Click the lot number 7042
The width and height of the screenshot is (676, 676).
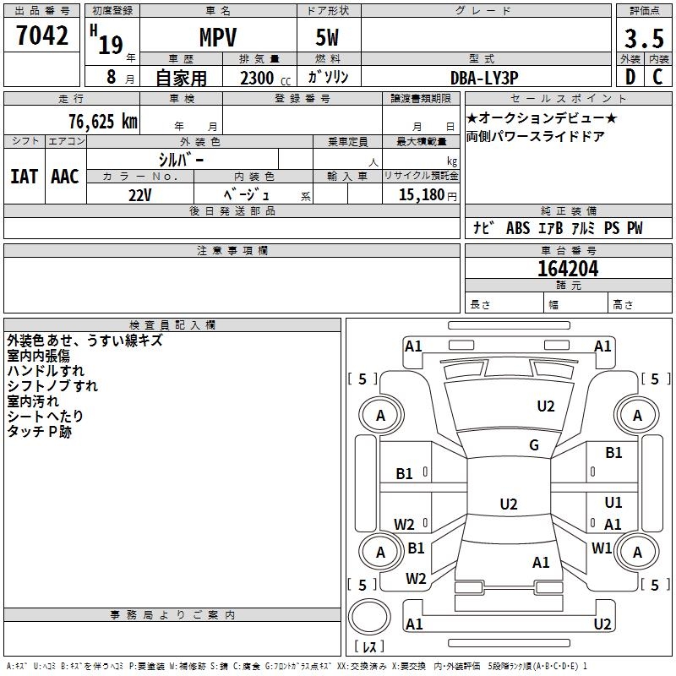tap(42, 35)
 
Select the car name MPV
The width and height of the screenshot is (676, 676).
tap(218, 37)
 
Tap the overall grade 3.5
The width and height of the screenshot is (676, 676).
tap(644, 38)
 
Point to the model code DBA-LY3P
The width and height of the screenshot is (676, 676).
tap(484, 78)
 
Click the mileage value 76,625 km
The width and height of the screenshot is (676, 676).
tap(103, 121)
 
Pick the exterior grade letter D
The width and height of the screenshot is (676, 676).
tap(630, 77)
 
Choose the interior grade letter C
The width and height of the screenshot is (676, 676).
tap(657, 77)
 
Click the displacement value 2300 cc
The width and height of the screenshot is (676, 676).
tap(265, 78)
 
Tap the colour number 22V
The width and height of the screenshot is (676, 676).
tap(140, 195)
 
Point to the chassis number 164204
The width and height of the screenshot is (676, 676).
tap(568, 269)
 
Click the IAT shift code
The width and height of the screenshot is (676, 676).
tap(25, 177)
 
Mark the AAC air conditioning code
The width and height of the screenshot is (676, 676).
tap(65, 177)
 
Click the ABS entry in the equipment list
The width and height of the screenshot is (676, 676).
tap(518, 227)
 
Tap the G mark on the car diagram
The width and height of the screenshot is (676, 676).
tap(534, 444)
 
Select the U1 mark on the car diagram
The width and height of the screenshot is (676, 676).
tap(613, 502)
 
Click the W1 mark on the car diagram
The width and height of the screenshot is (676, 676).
tap(602, 548)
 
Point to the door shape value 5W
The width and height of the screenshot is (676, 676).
tap(327, 37)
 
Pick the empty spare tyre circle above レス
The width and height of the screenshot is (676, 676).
tap(369, 616)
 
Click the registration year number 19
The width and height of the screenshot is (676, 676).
tap(111, 45)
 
